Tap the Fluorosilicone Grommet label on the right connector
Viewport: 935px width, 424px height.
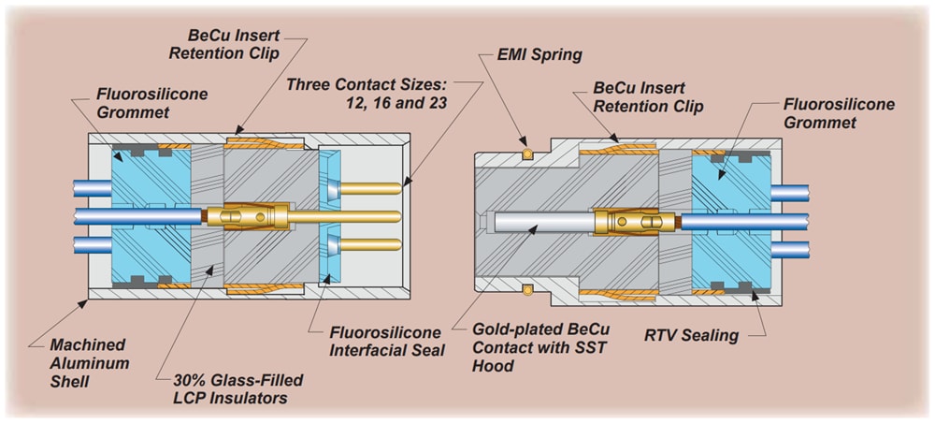839,113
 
